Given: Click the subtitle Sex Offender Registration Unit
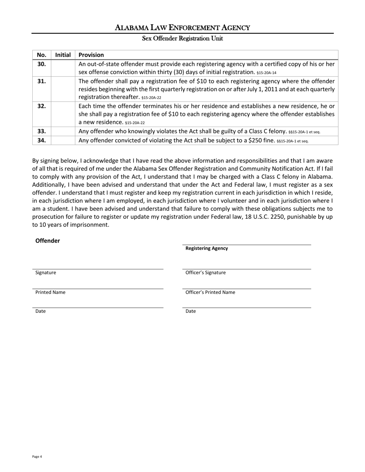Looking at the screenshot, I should pyautogui.click(x=182, y=38).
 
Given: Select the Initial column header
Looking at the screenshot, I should pyautogui.click(x=63, y=55).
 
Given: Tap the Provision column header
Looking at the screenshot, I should pyautogui.click(x=91, y=55).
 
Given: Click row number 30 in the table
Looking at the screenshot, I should pyautogui.click(x=41, y=64).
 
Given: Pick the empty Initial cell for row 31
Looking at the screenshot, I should pyautogui.click(x=63, y=89).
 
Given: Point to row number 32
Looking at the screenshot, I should pyautogui.click(x=41, y=106).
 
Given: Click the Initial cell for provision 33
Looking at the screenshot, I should pyautogui.click(x=63, y=131).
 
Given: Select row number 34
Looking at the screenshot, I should pyautogui.click(x=41, y=140).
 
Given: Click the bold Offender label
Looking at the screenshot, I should pyautogui.click(x=48, y=241).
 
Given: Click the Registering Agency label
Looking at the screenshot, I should pyautogui.click(x=206, y=248).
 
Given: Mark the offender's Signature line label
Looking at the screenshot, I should pyautogui.click(x=46, y=272).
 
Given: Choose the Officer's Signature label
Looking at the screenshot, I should pyautogui.click(x=206, y=272).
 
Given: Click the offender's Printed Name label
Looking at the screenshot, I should pyautogui.click(x=50, y=292).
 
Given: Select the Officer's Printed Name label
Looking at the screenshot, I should pyautogui.click(x=210, y=292).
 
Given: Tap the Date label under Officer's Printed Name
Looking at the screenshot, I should pyautogui.click(x=191, y=311).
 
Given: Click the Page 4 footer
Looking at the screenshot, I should pyautogui.click(x=37, y=457).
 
